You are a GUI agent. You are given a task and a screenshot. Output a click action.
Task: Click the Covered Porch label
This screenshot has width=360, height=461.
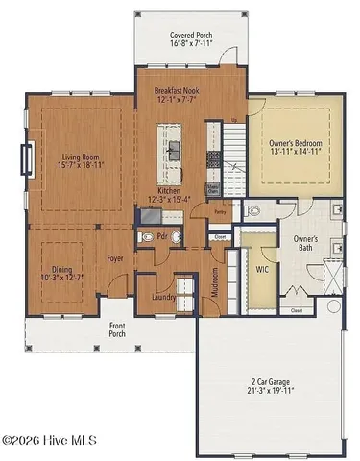(x=191, y=35)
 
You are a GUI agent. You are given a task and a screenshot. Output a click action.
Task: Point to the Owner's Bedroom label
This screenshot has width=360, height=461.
(x=295, y=144)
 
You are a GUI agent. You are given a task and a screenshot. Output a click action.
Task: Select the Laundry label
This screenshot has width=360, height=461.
(x=164, y=298)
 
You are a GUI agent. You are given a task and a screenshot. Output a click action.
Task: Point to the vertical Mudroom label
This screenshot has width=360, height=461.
(x=213, y=283)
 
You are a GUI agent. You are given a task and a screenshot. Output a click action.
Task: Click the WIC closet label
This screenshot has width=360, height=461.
(x=260, y=270)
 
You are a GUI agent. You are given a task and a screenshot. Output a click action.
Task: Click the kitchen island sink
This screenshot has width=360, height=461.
(x=176, y=147)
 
